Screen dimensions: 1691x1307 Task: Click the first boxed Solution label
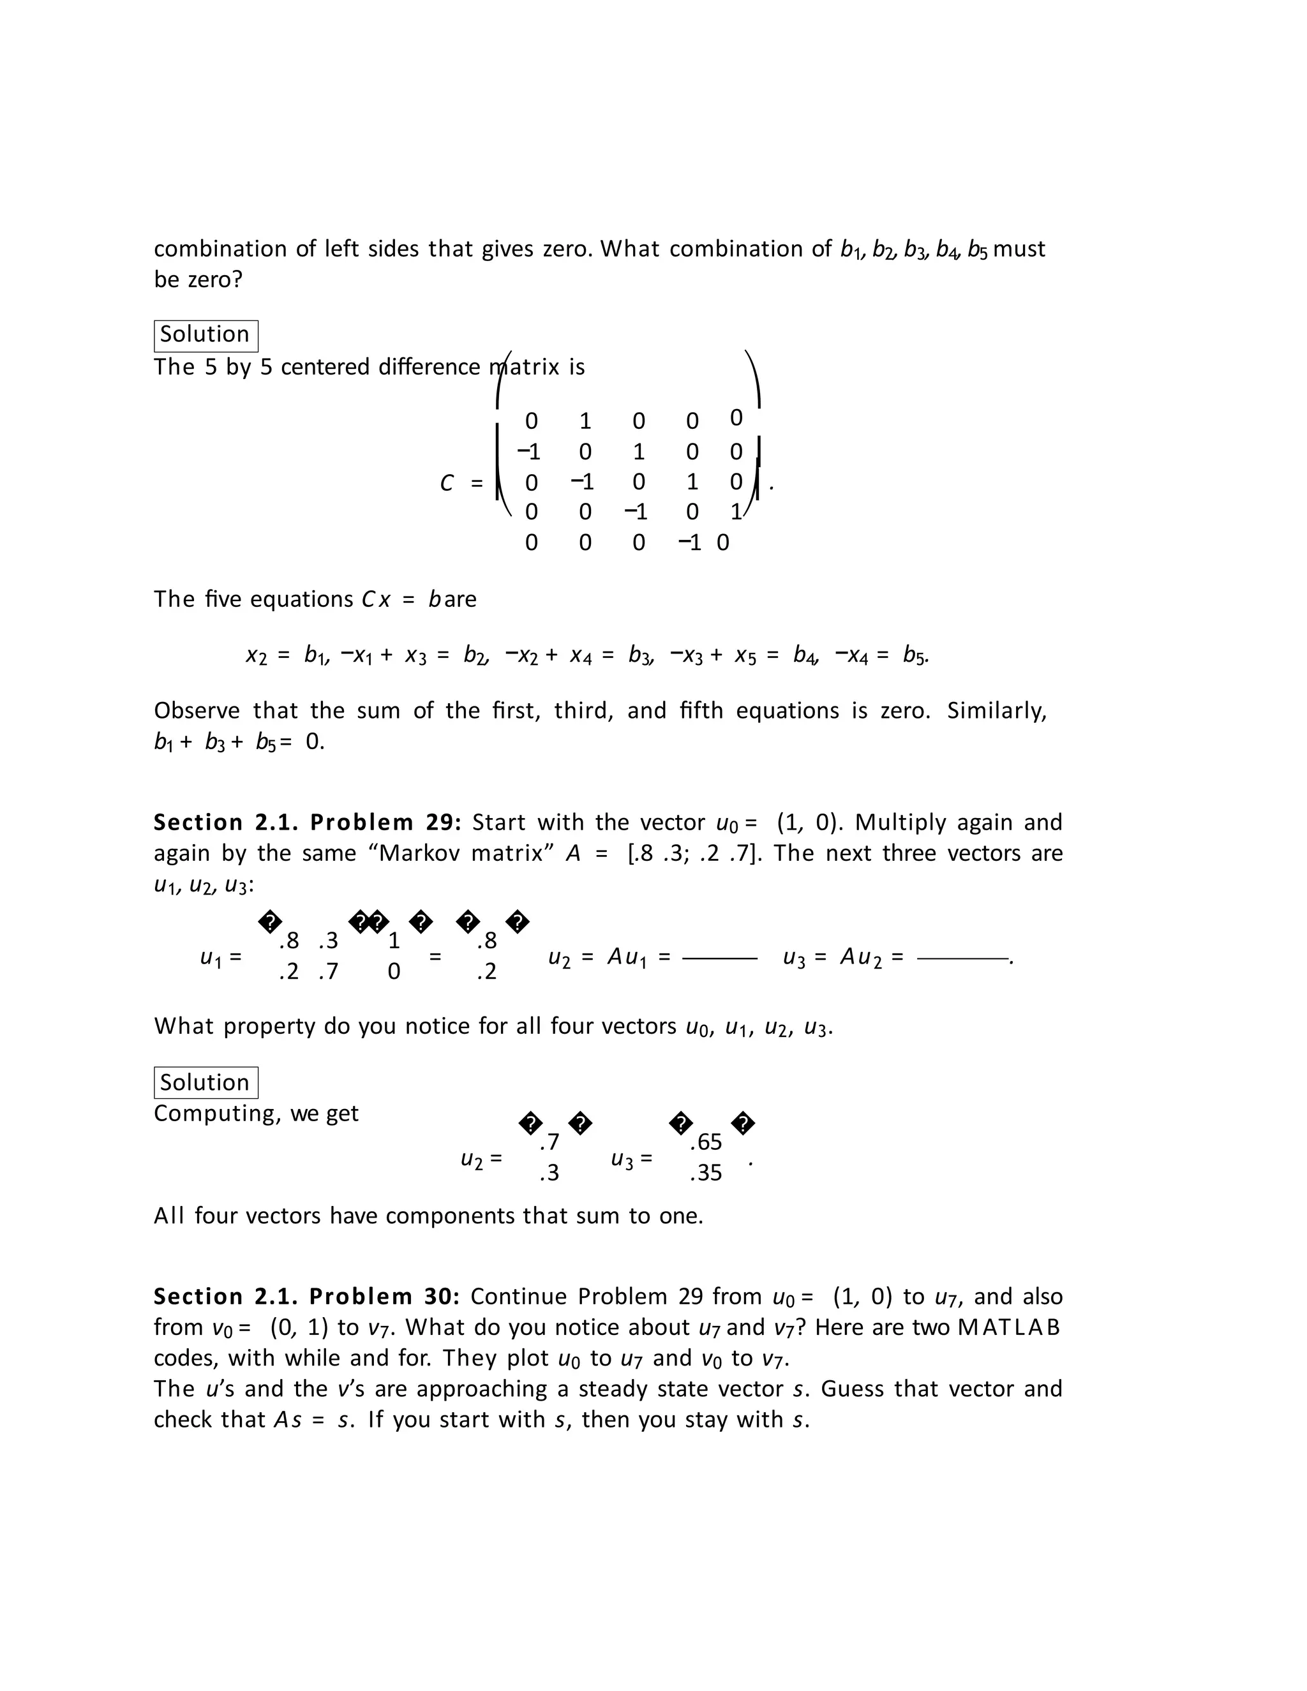205,335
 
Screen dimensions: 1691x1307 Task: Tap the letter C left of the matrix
447,483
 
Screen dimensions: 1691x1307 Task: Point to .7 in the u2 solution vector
549,1142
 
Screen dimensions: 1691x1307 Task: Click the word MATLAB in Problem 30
1009,1328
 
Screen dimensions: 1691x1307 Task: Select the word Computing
215,1114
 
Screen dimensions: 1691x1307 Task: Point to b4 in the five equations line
805,656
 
